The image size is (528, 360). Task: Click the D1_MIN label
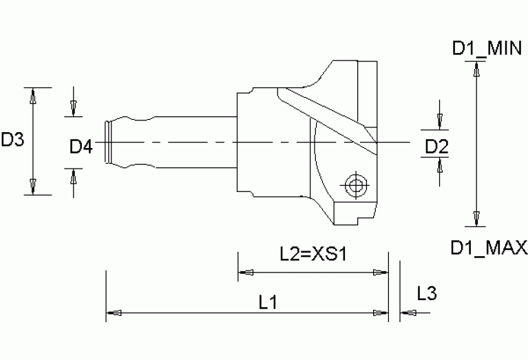tap(489, 48)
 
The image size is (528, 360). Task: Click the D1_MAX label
tap(489, 246)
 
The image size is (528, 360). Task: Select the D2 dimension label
tap(437, 145)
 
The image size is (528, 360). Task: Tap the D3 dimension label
tap(12, 140)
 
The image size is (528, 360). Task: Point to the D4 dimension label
tap(81, 145)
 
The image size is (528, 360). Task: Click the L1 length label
tap(268, 301)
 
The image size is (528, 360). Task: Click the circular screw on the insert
tap(355, 185)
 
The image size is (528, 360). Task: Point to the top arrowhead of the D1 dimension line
tap(474, 70)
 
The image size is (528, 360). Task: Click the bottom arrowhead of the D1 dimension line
tap(474, 219)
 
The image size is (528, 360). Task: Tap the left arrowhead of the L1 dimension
tap(114, 313)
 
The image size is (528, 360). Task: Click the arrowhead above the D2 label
tap(439, 122)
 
